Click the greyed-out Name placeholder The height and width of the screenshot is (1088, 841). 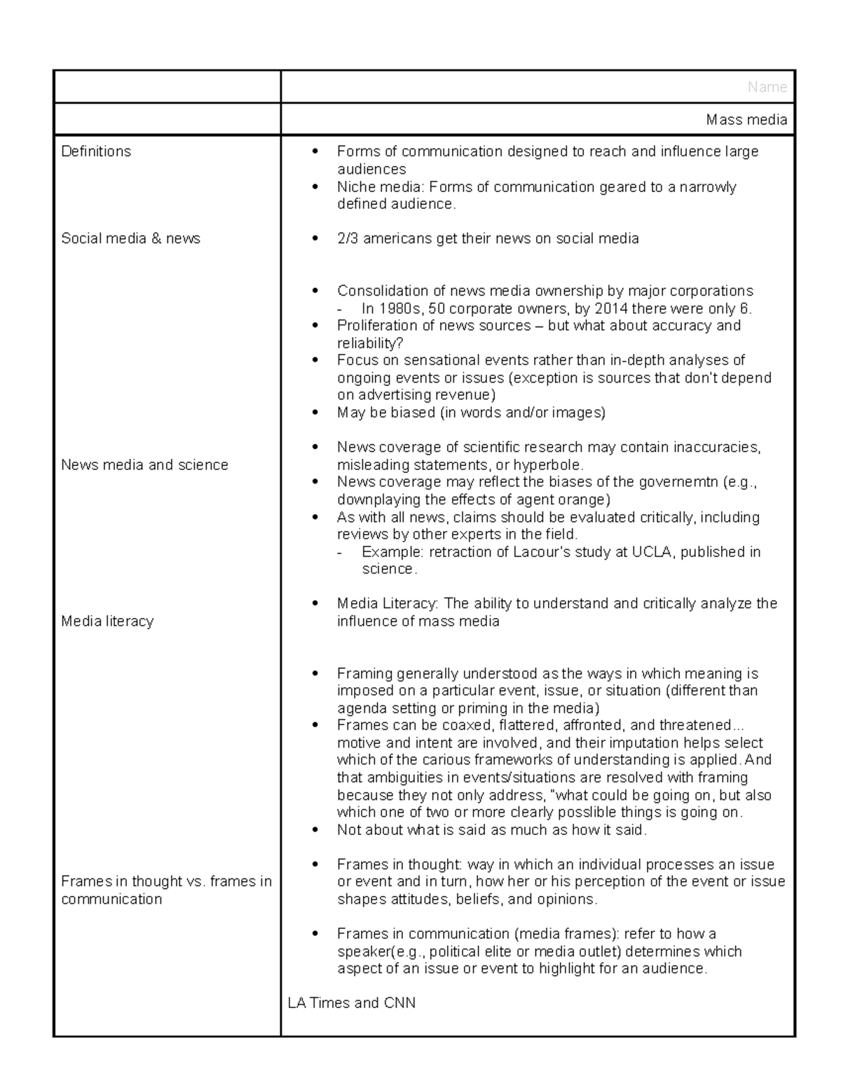click(x=767, y=87)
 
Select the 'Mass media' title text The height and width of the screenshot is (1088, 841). click(x=746, y=120)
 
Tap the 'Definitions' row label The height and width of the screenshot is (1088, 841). click(x=96, y=151)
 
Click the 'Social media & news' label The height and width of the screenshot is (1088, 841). click(x=130, y=238)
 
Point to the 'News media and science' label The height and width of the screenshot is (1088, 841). click(x=144, y=464)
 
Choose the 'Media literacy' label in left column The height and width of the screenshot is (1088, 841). click(x=107, y=621)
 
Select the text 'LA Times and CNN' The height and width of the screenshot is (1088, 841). click(x=351, y=1003)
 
